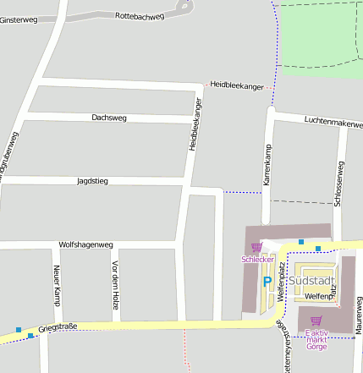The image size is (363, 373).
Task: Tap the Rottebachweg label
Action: coord(140,15)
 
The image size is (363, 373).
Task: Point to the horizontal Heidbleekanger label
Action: coord(237,85)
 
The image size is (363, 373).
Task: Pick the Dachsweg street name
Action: coord(109,118)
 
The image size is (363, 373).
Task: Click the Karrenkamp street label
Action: coord(267,166)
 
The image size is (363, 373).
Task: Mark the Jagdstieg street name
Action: coord(92,181)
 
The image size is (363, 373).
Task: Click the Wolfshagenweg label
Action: coord(85,244)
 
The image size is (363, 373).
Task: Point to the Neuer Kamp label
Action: coord(58,284)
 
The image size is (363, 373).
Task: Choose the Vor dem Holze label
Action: coord(114,280)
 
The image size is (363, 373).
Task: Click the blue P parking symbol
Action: coord(267,282)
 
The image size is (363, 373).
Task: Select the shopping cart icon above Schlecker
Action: coord(256,247)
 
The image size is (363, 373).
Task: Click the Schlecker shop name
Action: coord(256,259)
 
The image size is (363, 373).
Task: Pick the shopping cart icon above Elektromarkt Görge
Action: coord(316,321)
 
